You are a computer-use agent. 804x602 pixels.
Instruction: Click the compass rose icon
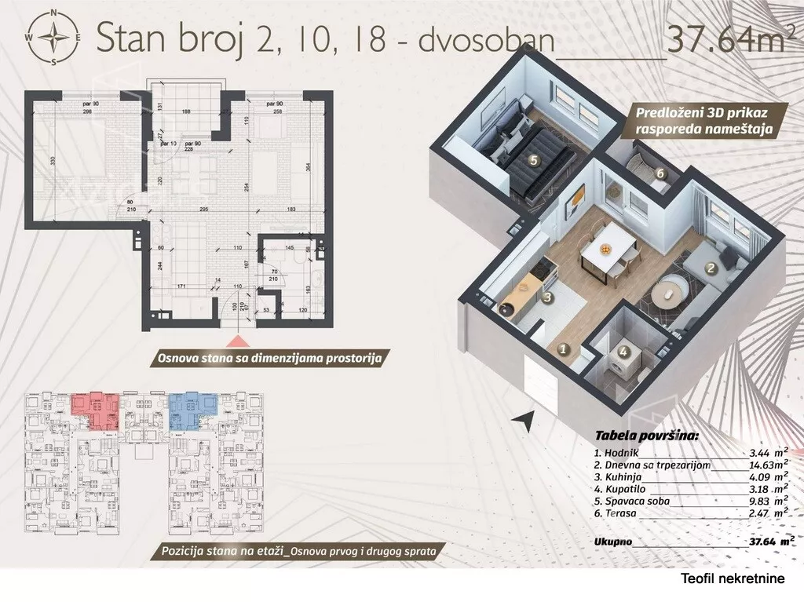click(54, 36)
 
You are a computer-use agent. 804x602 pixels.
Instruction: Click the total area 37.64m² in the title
click(725, 39)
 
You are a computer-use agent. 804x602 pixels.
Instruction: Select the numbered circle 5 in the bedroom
click(534, 160)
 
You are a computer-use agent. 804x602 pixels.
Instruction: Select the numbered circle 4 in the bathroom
click(624, 353)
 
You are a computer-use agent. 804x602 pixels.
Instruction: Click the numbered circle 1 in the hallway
click(562, 350)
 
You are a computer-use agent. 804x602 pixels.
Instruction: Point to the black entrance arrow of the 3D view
click(521, 421)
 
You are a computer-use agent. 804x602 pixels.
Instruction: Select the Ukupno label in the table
click(614, 541)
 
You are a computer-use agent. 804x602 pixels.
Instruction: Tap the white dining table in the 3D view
click(606, 250)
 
